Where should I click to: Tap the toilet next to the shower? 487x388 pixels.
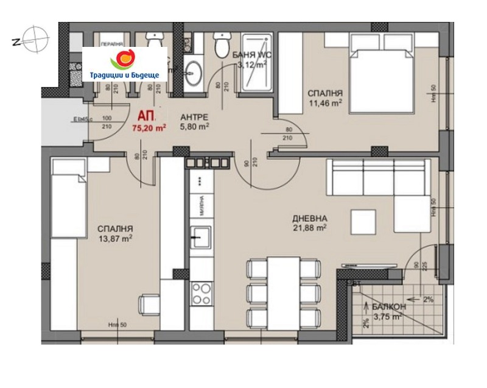point(220,44)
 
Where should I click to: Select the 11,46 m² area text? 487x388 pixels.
point(324,104)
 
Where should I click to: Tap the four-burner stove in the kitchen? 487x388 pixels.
point(201,294)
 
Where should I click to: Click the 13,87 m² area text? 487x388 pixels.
point(115,239)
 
